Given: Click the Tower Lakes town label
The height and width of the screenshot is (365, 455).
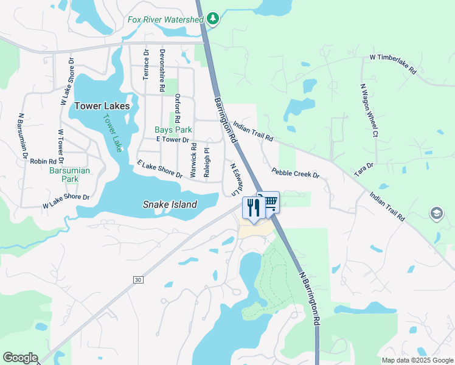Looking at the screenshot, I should pos(102,106).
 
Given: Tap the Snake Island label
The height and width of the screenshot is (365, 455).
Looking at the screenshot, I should pos(170,204).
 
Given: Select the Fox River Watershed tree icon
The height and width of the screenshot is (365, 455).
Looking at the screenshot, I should pos(212,19).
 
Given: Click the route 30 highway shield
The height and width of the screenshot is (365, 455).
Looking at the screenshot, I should pos(138,279).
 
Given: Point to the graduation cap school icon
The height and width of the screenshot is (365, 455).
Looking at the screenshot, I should pos(436,214).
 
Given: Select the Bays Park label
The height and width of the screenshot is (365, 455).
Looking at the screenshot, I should pos(173,130).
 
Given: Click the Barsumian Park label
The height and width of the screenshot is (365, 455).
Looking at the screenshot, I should pos(69,175).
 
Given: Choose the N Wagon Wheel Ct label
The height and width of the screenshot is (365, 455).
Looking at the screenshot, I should pos(369,110).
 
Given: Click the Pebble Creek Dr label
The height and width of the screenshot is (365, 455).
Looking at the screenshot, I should pos(296,173).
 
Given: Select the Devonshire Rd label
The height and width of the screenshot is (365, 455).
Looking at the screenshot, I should pos(162,71).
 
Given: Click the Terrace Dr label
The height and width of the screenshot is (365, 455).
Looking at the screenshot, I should pos(146,65).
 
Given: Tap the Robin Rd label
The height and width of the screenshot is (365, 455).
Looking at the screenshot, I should pos(43,161).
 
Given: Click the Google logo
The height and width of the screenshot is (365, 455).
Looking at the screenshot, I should pos(20,358).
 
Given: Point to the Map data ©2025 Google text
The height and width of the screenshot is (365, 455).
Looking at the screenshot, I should pos(417,360).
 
